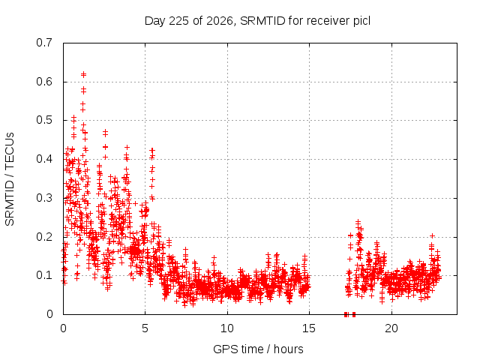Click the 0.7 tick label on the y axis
point(44,43)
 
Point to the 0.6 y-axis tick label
point(44,82)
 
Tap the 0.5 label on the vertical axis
point(44,120)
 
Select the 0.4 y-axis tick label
point(44,159)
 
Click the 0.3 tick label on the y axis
point(44,198)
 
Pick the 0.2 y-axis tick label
point(44,237)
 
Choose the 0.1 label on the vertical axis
point(44,275)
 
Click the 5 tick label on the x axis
point(145,328)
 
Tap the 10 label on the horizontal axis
point(227,328)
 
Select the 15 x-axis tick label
point(309,328)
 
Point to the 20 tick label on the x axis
point(391,328)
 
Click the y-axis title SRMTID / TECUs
point(10,179)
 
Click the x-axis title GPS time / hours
point(258,349)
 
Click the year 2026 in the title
point(220,21)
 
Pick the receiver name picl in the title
point(362,22)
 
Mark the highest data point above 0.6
point(83,74)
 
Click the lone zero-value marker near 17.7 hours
point(354,314)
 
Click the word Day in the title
point(155,22)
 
